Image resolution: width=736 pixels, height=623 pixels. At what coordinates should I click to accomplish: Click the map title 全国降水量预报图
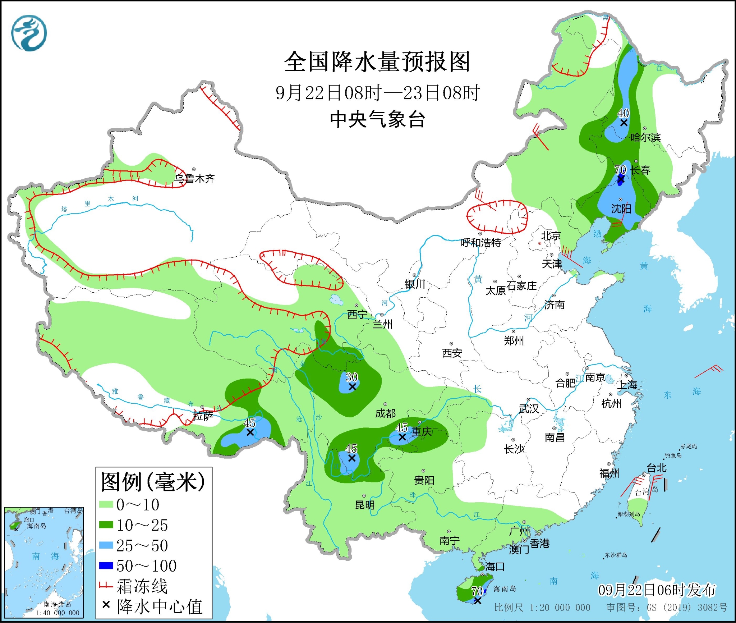click(377, 62)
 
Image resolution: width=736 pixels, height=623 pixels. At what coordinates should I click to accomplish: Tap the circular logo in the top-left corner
click(29, 33)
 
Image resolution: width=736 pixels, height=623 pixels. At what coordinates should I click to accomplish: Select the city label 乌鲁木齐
click(194, 179)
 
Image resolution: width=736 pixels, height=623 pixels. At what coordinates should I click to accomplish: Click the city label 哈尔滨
click(645, 137)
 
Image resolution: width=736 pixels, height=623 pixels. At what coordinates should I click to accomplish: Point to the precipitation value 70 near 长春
click(620, 169)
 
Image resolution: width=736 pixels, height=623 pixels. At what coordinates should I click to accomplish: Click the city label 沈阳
click(621, 209)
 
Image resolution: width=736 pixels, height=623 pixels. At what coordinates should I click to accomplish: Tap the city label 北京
click(551, 236)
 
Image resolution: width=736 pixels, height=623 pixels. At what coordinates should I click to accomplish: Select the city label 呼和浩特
click(481, 243)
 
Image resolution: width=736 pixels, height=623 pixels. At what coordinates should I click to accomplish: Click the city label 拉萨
click(203, 416)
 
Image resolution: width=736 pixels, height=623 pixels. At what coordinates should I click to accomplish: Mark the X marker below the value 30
click(352, 387)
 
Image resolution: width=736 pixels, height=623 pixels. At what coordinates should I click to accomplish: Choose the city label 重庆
click(422, 431)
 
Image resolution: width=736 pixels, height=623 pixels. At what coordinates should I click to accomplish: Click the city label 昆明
click(365, 505)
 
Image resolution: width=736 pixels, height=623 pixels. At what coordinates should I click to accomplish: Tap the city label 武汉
click(529, 409)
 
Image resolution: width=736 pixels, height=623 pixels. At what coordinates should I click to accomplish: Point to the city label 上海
click(627, 385)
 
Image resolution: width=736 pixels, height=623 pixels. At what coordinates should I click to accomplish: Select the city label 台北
click(657, 468)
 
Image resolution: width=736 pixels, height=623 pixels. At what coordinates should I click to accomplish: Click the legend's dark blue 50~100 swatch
click(106, 566)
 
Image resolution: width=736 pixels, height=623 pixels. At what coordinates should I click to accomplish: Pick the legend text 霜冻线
click(142, 586)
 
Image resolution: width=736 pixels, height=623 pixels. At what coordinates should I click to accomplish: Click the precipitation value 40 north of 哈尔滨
click(623, 113)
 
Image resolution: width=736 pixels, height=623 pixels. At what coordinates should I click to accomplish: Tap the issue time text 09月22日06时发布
click(657, 590)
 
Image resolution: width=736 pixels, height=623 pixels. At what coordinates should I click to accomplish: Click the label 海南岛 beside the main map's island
click(505, 588)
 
